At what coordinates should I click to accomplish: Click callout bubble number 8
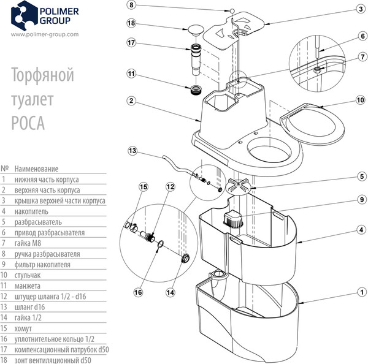pos(131,5)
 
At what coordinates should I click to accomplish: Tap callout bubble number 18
pos(131,23)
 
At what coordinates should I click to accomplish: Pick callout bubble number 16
pos(138,292)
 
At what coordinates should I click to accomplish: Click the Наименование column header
pos(37,168)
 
